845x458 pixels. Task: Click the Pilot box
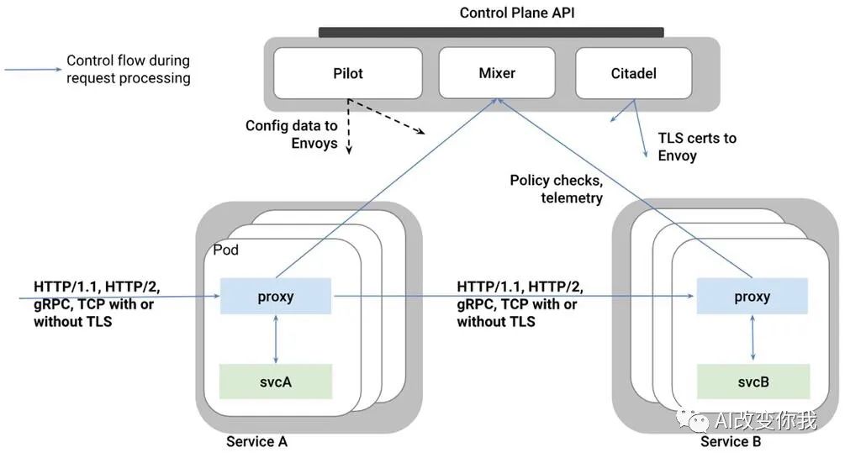347,73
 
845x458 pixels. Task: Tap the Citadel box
633,73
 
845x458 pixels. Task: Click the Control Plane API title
516,13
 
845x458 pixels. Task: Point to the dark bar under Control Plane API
491,32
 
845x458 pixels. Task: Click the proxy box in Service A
276,297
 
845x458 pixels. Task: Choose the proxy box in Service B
751,297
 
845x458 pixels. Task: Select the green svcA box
276,382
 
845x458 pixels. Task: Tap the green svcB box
751,382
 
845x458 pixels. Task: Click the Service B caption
731,442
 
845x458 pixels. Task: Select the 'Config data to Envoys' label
292,134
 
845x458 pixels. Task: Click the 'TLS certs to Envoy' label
696,146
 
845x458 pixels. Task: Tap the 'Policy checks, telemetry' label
556,189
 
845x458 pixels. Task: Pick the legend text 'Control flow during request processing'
128,69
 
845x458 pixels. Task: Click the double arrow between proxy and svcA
276,340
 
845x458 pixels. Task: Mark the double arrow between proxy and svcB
751,340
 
